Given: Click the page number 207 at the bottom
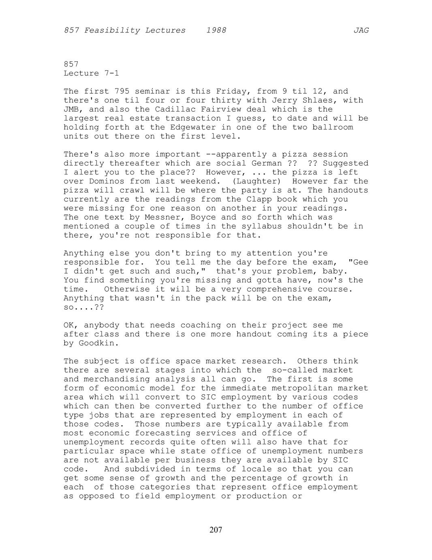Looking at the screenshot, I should pos(216,530).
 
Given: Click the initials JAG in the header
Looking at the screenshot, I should pos(361,30).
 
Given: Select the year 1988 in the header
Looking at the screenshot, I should pos(216,30).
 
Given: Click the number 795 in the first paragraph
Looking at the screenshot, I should pos(122,92).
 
